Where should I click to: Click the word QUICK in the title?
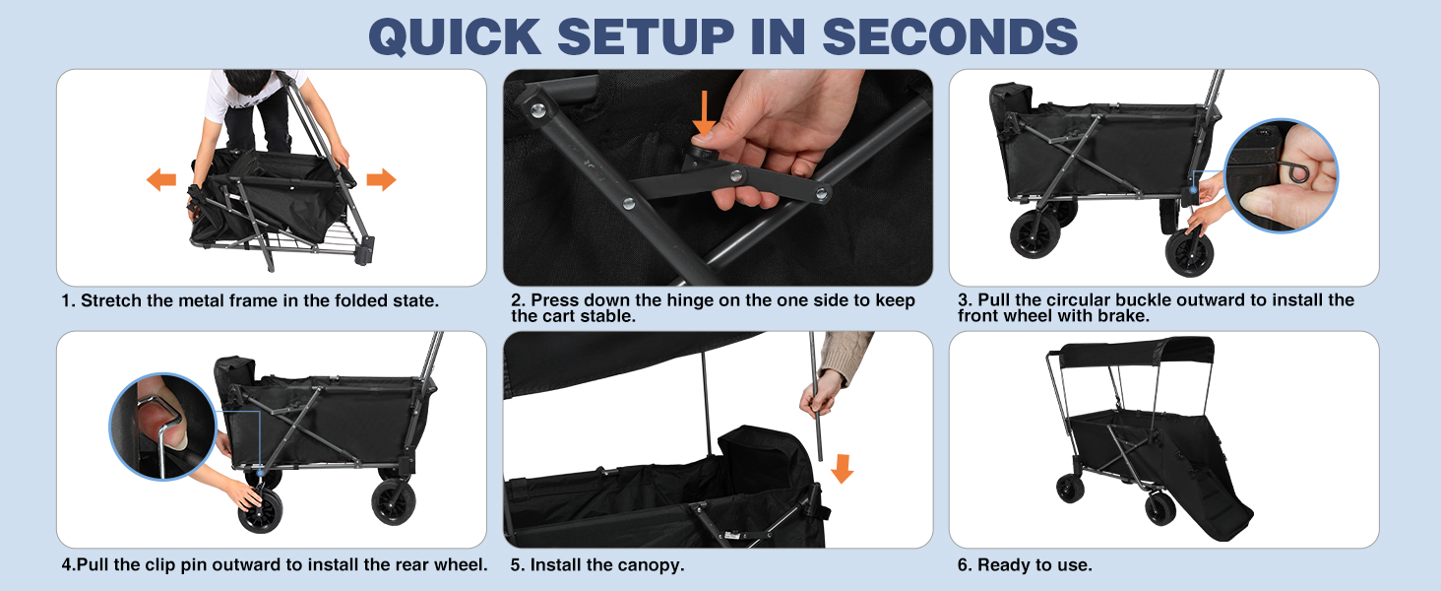454,36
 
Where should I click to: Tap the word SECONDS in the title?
950,36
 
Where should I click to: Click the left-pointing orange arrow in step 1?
161,179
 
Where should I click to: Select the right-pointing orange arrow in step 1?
381,179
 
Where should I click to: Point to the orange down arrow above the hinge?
705,114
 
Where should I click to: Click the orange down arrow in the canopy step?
842,469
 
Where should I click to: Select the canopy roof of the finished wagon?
1136,353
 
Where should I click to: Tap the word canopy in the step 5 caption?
646,566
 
